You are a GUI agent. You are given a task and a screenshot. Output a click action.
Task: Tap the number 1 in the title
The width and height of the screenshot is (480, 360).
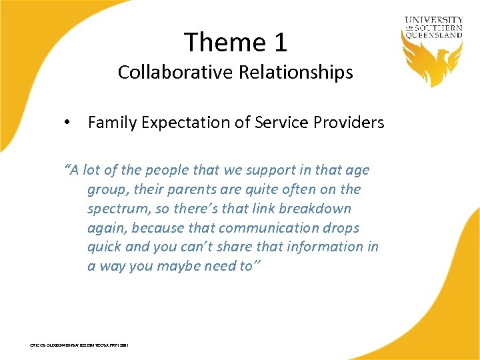point(280,42)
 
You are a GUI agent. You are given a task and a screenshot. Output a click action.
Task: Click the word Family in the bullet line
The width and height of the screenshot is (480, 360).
point(110,123)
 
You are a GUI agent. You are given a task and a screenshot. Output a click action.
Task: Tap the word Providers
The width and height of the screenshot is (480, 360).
point(352,123)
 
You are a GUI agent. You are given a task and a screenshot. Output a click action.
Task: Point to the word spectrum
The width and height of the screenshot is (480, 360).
point(117,209)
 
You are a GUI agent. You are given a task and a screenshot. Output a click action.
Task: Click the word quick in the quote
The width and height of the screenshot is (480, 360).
point(104,247)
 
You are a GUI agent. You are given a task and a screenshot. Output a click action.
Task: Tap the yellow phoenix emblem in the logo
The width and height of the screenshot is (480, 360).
point(433,63)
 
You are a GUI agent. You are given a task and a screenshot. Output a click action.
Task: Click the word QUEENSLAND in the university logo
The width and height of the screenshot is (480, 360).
point(433,35)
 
